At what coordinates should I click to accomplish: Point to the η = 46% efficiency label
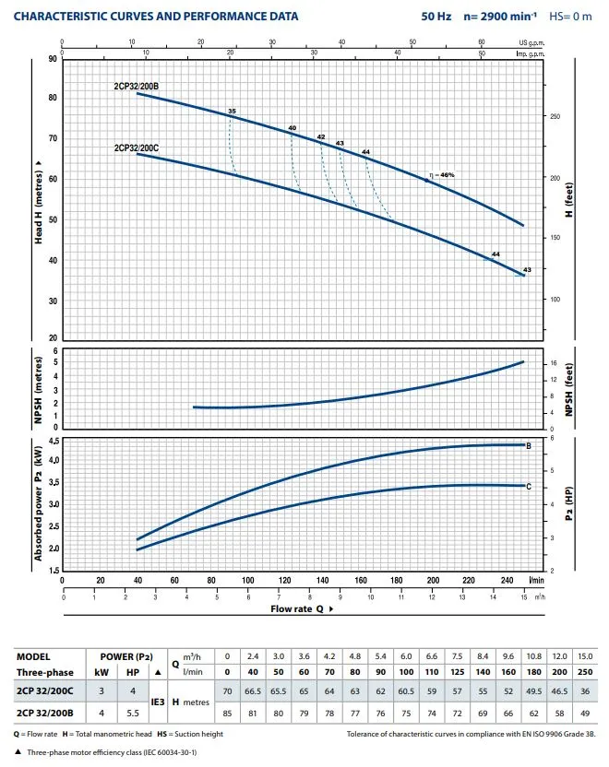(441, 175)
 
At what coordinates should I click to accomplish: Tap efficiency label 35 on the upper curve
(232, 112)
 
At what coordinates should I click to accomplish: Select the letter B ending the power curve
(528, 445)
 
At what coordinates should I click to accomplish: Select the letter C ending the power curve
(528, 485)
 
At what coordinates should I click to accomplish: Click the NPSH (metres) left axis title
(38, 390)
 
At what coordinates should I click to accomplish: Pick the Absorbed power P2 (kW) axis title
(38, 504)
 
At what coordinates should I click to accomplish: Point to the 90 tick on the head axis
(53, 59)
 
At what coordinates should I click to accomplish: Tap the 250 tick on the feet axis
(554, 117)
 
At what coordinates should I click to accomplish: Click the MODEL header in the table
(34, 655)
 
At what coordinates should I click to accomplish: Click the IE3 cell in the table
(158, 702)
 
